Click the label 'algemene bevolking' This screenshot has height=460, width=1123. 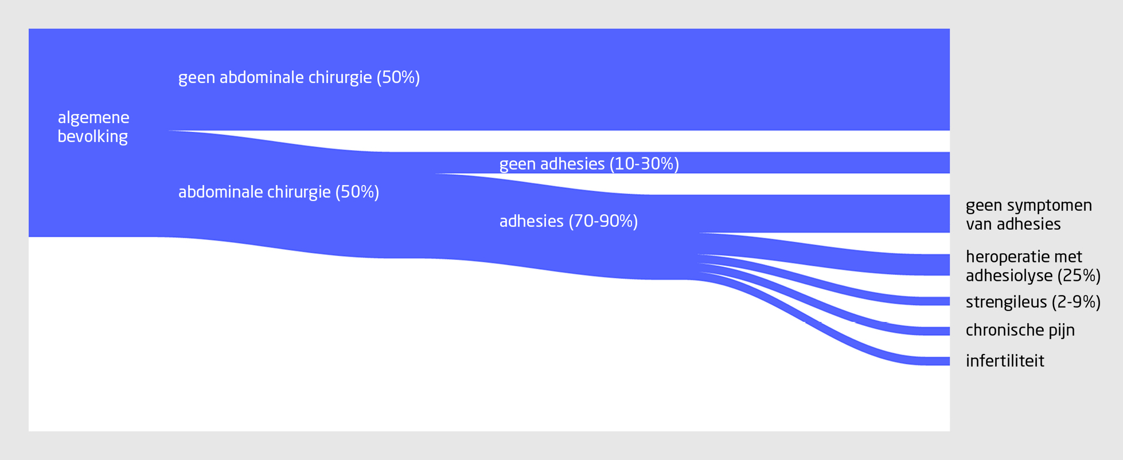tap(93, 127)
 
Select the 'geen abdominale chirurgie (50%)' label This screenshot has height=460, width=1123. tap(299, 77)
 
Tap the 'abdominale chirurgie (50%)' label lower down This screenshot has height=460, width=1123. tap(279, 192)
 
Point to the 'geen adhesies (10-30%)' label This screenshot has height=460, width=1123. tap(589, 164)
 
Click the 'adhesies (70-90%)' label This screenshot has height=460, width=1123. tap(568, 222)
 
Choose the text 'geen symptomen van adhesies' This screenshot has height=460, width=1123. tap(1029, 215)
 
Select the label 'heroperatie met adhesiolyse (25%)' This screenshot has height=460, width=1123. tap(1033, 266)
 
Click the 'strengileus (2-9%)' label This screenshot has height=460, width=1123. tap(1033, 302)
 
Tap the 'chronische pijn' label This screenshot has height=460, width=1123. tap(1020, 330)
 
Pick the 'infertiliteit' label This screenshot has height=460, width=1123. tap(1005, 361)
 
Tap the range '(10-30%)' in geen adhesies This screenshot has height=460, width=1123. tap(644, 164)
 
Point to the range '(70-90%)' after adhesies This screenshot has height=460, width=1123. tap(603, 222)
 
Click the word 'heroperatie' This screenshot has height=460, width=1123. tap(1008, 257)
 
